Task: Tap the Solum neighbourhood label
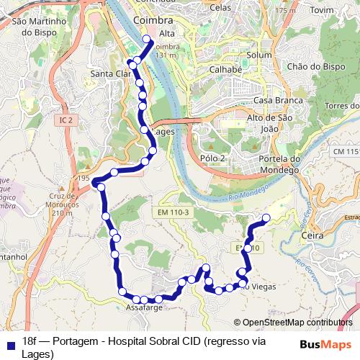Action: pyautogui.click(x=258, y=55)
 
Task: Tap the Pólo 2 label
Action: pyautogui.click(x=213, y=158)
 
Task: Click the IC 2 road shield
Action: pyautogui.click(x=67, y=120)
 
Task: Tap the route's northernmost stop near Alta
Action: pyautogui.click(x=146, y=40)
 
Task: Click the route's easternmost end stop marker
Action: pyautogui.click(x=266, y=217)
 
